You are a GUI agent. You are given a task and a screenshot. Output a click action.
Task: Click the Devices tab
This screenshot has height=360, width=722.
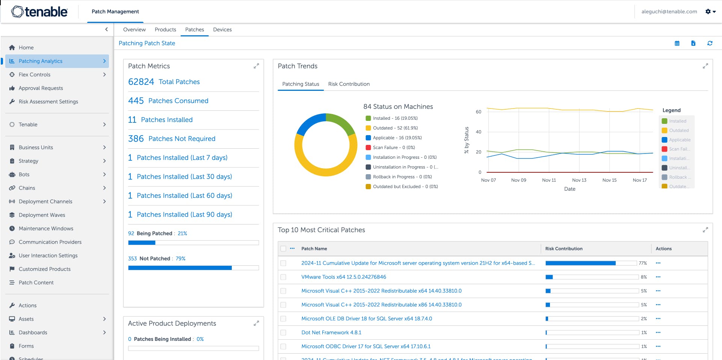(222, 30)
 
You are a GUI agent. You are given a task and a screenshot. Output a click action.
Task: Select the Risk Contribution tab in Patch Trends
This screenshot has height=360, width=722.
(349, 84)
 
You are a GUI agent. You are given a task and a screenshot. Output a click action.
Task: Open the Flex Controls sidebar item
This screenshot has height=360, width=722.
(35, 75)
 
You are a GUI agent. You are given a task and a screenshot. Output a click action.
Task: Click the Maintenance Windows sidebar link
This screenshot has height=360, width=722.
(46, 229)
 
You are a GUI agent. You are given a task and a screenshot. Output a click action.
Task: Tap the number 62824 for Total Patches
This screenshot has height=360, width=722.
(141, 82)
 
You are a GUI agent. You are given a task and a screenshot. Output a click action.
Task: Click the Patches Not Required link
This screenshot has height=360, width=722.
(182, 139)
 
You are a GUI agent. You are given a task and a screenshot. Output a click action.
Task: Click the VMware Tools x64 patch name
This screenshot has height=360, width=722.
(343, 277)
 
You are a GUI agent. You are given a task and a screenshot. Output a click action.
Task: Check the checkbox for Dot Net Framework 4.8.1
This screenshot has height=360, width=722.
(283, 333)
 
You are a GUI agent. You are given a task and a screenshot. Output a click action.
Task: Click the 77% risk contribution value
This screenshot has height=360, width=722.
(642, 263)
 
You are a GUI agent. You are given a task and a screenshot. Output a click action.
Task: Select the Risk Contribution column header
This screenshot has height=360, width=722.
(563, 249)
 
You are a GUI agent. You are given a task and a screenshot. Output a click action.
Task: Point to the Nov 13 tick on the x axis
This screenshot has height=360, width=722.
(579, 180)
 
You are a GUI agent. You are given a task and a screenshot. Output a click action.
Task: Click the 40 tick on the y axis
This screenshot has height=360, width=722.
(478, 132)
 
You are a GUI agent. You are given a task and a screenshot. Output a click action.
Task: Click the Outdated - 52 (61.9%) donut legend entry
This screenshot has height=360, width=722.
(395, 128)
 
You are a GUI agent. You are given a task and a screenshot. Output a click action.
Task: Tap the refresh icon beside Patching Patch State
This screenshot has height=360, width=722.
(710, 43)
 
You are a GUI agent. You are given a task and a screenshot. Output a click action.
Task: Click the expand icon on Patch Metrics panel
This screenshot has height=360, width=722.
(256, 66)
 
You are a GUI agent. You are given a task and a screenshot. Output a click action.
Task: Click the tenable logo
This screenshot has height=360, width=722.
(39, 12)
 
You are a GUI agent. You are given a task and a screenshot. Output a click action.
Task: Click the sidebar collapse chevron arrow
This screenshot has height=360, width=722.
(106, 29)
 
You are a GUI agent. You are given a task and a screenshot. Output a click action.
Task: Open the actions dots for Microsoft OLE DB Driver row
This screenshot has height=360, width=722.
(658, 319)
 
